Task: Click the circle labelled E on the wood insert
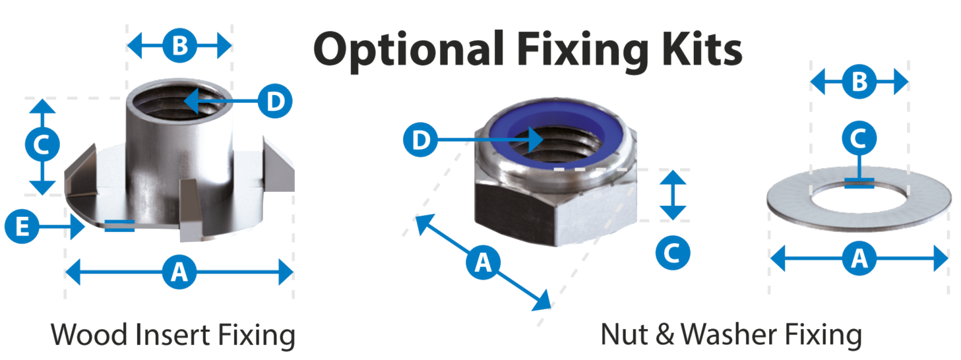tap(22, 226)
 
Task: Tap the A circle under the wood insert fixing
tap(179, 272)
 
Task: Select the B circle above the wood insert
tap(179, 45)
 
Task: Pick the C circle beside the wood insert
tap(42, 144)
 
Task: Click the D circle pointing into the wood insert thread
tap(275, 102)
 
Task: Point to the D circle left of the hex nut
tap(420, 140)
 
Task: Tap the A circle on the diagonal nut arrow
tap(483, 262)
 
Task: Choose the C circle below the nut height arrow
tap(673, 253)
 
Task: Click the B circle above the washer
tap(859, 82)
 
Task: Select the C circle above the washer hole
tap(859, 138)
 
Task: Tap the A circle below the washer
tap(859, 258)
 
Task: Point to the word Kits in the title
tap(702, 49)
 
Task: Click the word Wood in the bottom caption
tap(89, 335)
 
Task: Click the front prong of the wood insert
tap(190, 210)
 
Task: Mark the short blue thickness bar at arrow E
tap(119, 225)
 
